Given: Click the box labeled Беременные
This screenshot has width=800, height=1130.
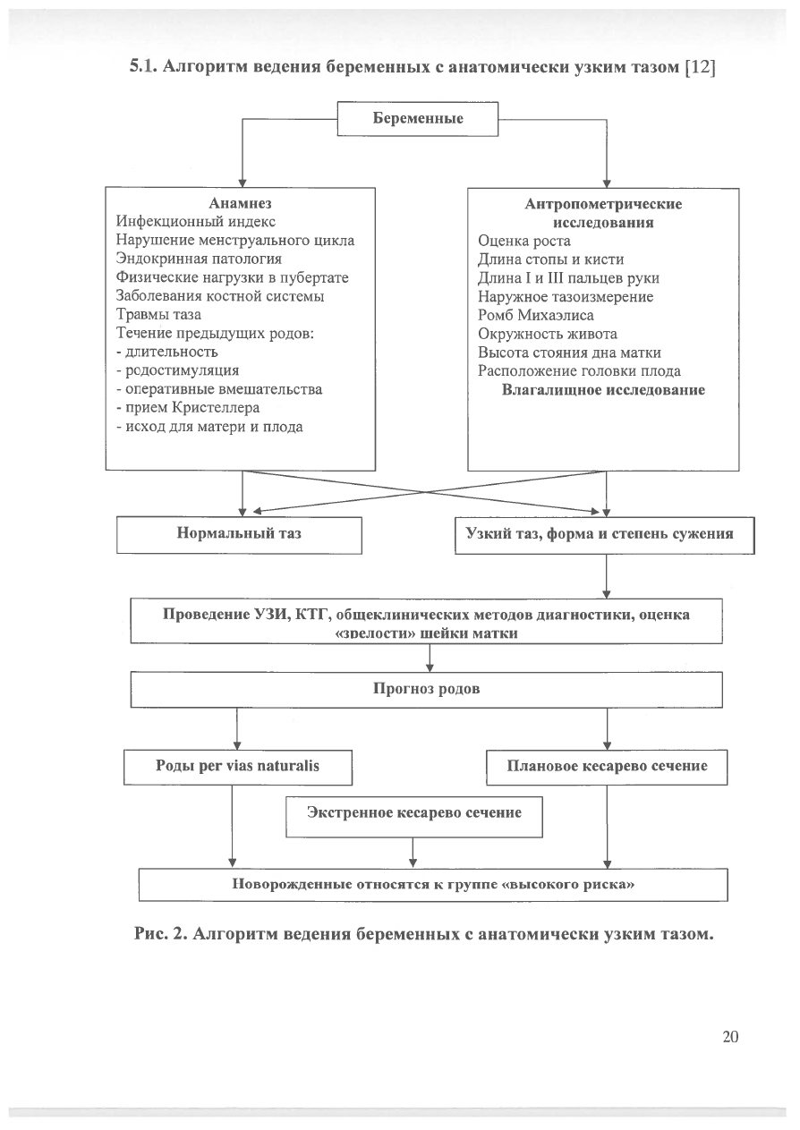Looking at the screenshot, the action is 418,119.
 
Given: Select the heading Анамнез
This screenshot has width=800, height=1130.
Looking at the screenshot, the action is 240,203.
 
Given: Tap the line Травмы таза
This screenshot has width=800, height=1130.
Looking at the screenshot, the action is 158,314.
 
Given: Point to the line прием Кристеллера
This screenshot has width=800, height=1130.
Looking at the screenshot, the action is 188,408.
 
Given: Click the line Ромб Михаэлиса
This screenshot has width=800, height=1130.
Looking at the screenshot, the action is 536,315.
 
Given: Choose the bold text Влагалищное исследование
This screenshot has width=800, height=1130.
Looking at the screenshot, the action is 603,390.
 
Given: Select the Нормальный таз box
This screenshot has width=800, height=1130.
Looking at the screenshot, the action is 239,535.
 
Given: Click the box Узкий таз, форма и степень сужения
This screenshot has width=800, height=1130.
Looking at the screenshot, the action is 605,536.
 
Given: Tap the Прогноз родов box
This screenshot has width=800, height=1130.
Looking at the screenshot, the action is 426,690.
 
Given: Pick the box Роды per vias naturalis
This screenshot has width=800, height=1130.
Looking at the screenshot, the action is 237,768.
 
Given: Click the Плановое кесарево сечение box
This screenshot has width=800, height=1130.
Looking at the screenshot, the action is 607,768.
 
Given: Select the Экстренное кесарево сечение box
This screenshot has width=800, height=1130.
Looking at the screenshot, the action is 414,817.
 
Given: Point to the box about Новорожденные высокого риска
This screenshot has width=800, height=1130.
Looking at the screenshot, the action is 433,885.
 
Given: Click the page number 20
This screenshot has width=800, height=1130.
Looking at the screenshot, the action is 730,1037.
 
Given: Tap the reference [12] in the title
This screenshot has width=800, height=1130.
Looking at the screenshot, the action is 700,67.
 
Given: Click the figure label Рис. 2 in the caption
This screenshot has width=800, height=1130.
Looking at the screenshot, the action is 161,934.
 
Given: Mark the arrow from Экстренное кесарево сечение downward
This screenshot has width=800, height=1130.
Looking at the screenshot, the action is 413,853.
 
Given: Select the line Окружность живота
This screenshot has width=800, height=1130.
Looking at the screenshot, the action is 548,334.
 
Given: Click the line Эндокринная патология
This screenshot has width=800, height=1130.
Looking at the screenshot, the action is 199,259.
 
